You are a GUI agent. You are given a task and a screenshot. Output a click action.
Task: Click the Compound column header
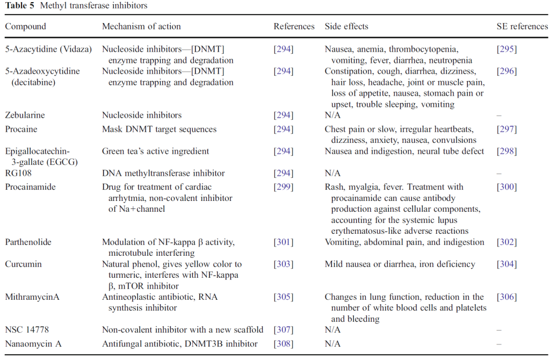pos(26,26)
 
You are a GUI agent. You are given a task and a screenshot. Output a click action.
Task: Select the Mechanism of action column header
pos(141,26)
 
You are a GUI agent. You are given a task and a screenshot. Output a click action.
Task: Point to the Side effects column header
pos(346,26)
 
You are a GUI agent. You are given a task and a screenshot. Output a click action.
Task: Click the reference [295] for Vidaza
pos(506,49)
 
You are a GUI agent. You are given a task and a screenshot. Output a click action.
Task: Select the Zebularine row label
pos(25,115)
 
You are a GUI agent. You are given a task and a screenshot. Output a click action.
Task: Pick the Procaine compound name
pos(21,129)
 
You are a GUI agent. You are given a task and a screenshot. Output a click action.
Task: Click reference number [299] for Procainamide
pos(283,187)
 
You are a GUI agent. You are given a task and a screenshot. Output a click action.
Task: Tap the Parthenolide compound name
pos(28,242)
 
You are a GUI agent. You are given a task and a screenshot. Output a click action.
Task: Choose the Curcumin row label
pos(23,264)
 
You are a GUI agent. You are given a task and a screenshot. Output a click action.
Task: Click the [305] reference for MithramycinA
pos(283,297)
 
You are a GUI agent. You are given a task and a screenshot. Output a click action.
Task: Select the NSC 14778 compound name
pos(26,329)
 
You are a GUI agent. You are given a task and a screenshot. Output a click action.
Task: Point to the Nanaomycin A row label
pos(33,344)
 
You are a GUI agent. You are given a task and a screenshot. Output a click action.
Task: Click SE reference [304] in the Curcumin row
pos(506,264)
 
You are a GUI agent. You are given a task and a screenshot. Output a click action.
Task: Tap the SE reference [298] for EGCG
pos(506,152)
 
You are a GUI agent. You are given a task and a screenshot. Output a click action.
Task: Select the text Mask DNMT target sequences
pos(159,129)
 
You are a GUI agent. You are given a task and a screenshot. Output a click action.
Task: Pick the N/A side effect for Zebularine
pos(333,115)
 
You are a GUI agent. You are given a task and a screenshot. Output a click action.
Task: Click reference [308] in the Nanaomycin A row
pos(283,344)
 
